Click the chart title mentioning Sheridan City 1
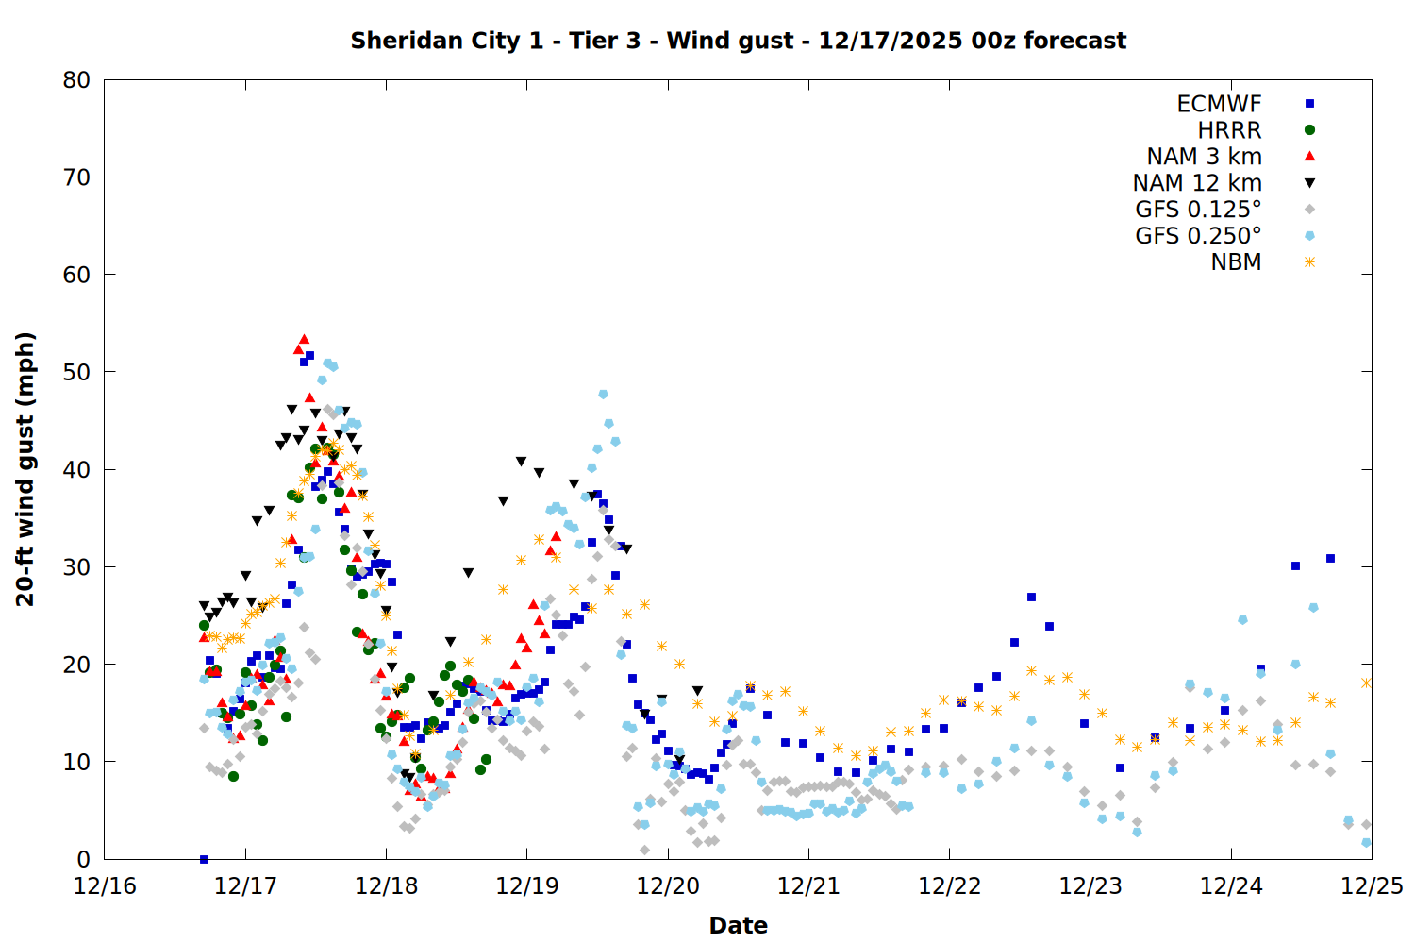coord(738,41)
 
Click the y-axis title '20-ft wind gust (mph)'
coord(25,469)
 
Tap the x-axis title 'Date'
coord(738,925)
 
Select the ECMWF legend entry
coord(1219,104)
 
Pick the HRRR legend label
coord(1229,130)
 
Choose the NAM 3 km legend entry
coord(1204,157)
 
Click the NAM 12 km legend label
coord(1197,183)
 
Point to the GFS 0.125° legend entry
coord(1198,210)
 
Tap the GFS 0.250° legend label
coord(1198,236)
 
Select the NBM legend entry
coord(1236,262)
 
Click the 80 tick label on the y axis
coord(76,80)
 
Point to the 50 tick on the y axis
coord(76,372)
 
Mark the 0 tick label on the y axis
coord(83,859)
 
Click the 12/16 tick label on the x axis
coord(105,886)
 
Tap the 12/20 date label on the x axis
coord(668,886)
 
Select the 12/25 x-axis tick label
coord(1372,886)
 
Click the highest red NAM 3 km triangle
coord(304,339)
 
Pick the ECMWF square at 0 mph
coord(204,859)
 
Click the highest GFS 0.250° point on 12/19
coord(603,395)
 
